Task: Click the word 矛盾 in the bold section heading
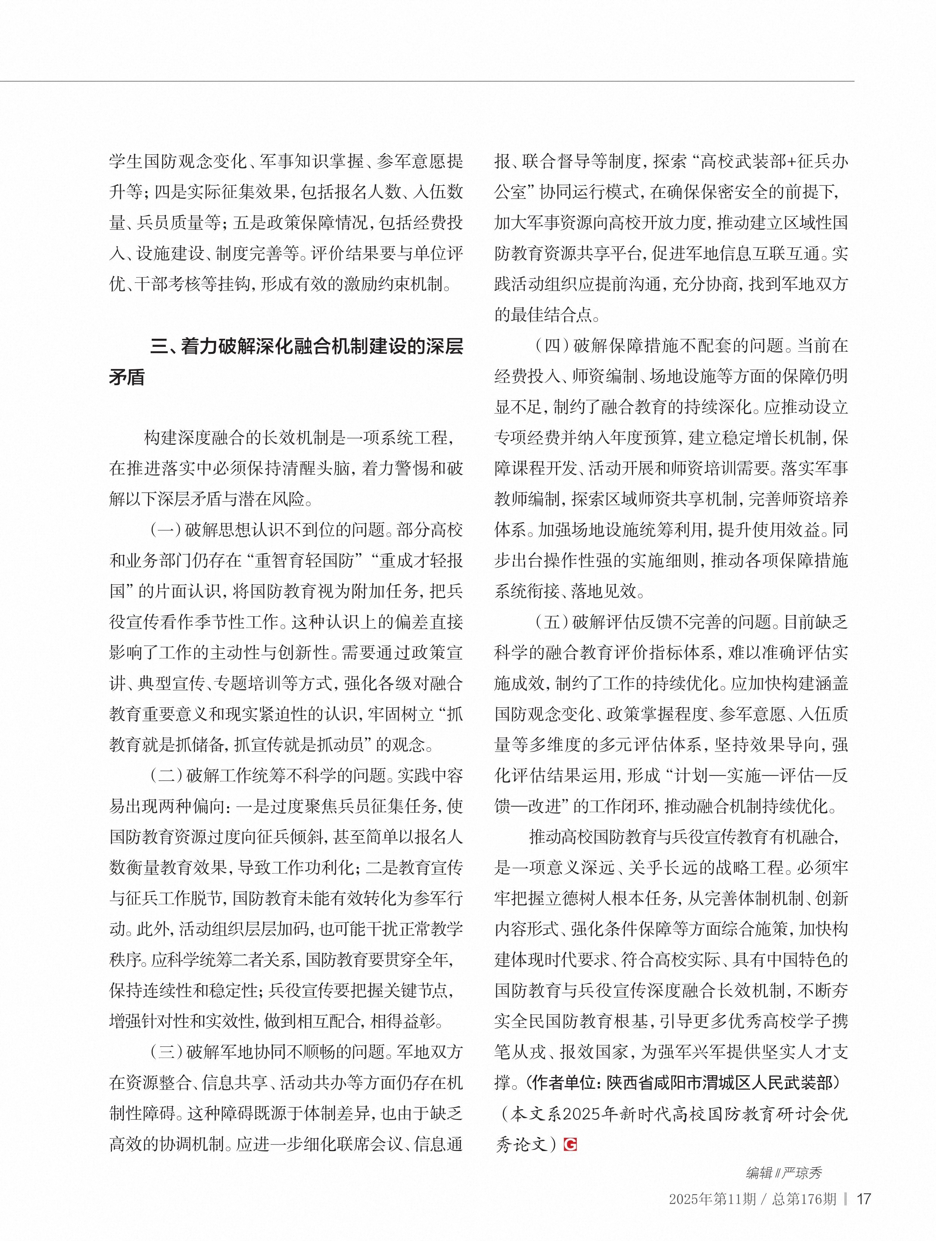pyautogui.click(x=127, y=377)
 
